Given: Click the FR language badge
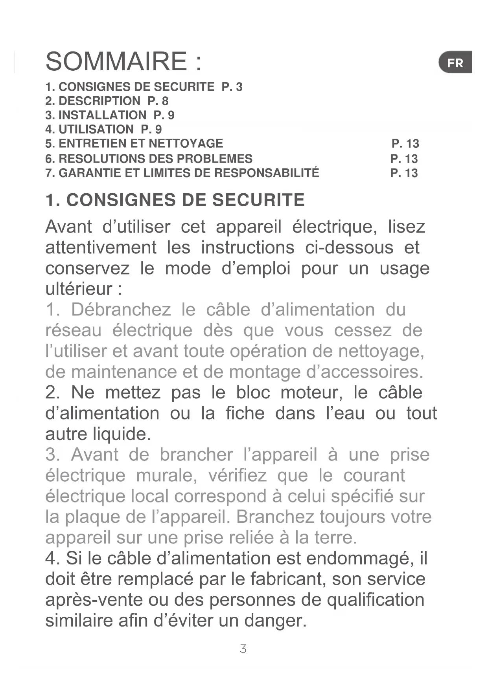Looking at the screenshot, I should pyautogui.click(x=455, y=62).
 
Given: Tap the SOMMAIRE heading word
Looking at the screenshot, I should pyautogui.click(x=116, y=62).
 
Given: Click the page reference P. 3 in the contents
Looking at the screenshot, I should pyautogui.click(x=232, y=87).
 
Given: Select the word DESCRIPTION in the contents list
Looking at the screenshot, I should pyautogui.click(x=99, y=101).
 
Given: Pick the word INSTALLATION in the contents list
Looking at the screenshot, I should pyautogui.click(x=102, y=115).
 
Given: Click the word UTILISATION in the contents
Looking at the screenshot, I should pyautogui.click(x=96, y=129).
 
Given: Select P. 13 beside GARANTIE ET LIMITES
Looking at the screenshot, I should pyautogui.click(x=404, y=173).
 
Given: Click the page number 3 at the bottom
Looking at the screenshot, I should pyautogui.click(x=243, y=649).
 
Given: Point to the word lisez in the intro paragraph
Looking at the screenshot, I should pyautogui.click(x=406, y=227).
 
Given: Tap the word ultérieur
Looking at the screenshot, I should pyautogui.click(x=79, y=289).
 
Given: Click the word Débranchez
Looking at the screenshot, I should pyautogui.click(x=121, y=310).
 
